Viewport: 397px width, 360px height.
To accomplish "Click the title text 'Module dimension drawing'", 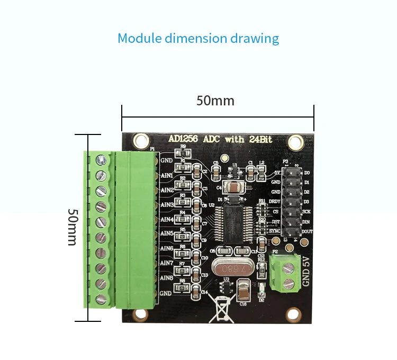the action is [x=198, y=39].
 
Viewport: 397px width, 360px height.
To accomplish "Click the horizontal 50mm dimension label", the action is [x=215, y=101].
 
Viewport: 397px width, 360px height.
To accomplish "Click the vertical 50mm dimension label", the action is [x=73, y=227].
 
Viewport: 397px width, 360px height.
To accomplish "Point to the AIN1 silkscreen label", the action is [x=167, y=175].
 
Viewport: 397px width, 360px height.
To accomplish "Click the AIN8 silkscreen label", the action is [x=167, y=277].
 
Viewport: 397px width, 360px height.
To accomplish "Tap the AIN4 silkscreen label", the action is [x=167, y=219].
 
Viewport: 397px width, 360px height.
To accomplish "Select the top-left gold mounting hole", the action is [x=141, y=141].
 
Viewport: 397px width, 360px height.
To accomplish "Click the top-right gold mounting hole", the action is [x=296, y=141].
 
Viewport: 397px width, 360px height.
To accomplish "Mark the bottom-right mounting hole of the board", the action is [x=292, y=313].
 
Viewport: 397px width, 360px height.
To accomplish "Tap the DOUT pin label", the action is [x=306, y=231].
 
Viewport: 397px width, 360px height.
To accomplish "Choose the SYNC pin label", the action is [x=275, y=231].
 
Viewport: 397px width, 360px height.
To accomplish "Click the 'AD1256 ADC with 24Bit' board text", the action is [x=220, y=139].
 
